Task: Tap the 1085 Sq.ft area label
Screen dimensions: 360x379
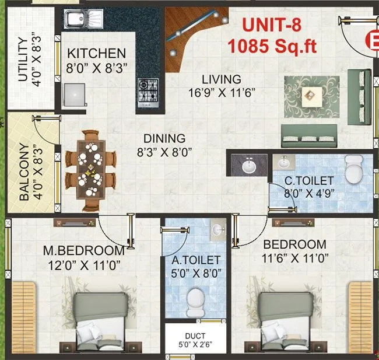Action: pyautogui.click(x=273, y=46)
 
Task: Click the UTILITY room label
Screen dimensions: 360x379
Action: pyautogui.click(x=23, y=61)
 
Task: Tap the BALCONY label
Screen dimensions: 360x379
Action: pyautogui.click(x=24, y=172)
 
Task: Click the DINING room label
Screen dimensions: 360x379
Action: pyautogui.click(x=165, y=139)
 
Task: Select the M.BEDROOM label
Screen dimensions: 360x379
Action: pyautogui.click(x=84, y=251)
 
